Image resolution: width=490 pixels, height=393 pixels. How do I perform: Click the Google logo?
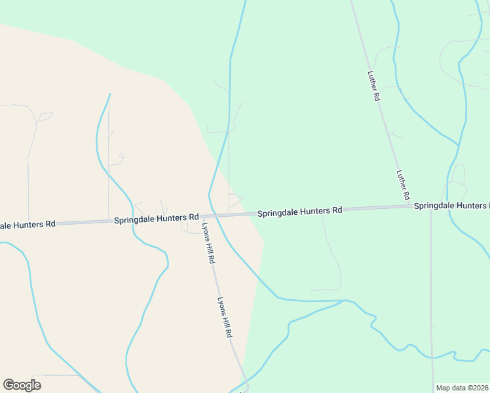pos(22,385)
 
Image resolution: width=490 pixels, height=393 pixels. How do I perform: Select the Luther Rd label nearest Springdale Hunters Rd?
pos(403,185)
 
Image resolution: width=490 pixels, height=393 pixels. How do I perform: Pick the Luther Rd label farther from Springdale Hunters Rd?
pos(374,86)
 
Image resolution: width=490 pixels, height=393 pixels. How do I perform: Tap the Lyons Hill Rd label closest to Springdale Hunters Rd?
pos(208,243)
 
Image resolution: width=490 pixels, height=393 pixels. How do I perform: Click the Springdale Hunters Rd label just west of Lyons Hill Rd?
pos(156,218)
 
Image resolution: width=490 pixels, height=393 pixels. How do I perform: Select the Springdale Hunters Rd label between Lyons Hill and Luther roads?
pos(299,212)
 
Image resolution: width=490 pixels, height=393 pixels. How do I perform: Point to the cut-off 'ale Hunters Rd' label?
pos(28,225)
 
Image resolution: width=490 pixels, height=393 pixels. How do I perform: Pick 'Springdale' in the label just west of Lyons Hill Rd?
pos(134,219)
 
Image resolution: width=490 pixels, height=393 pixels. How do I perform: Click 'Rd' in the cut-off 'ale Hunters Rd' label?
pos(50,224)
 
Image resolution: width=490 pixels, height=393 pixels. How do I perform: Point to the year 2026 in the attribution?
pos(478,388)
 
